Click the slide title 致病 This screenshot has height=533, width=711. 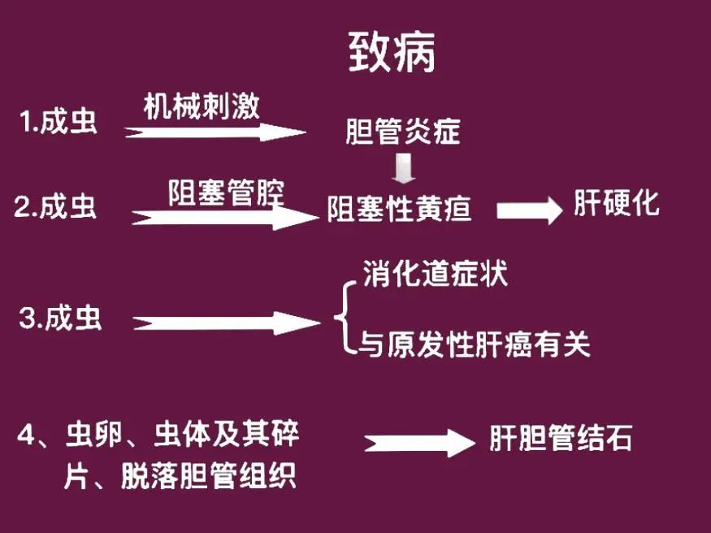392,54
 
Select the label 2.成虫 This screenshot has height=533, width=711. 55,206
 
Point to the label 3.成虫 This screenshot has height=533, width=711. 60,318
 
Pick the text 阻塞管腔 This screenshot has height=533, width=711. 226,193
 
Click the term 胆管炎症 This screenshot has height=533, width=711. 402,131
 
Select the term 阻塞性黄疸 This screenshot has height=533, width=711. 399,210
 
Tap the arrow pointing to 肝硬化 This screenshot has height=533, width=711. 529,210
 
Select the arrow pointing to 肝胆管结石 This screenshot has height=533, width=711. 418,443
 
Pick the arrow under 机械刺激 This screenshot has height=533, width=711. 215,132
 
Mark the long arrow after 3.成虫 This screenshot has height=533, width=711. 228,323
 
